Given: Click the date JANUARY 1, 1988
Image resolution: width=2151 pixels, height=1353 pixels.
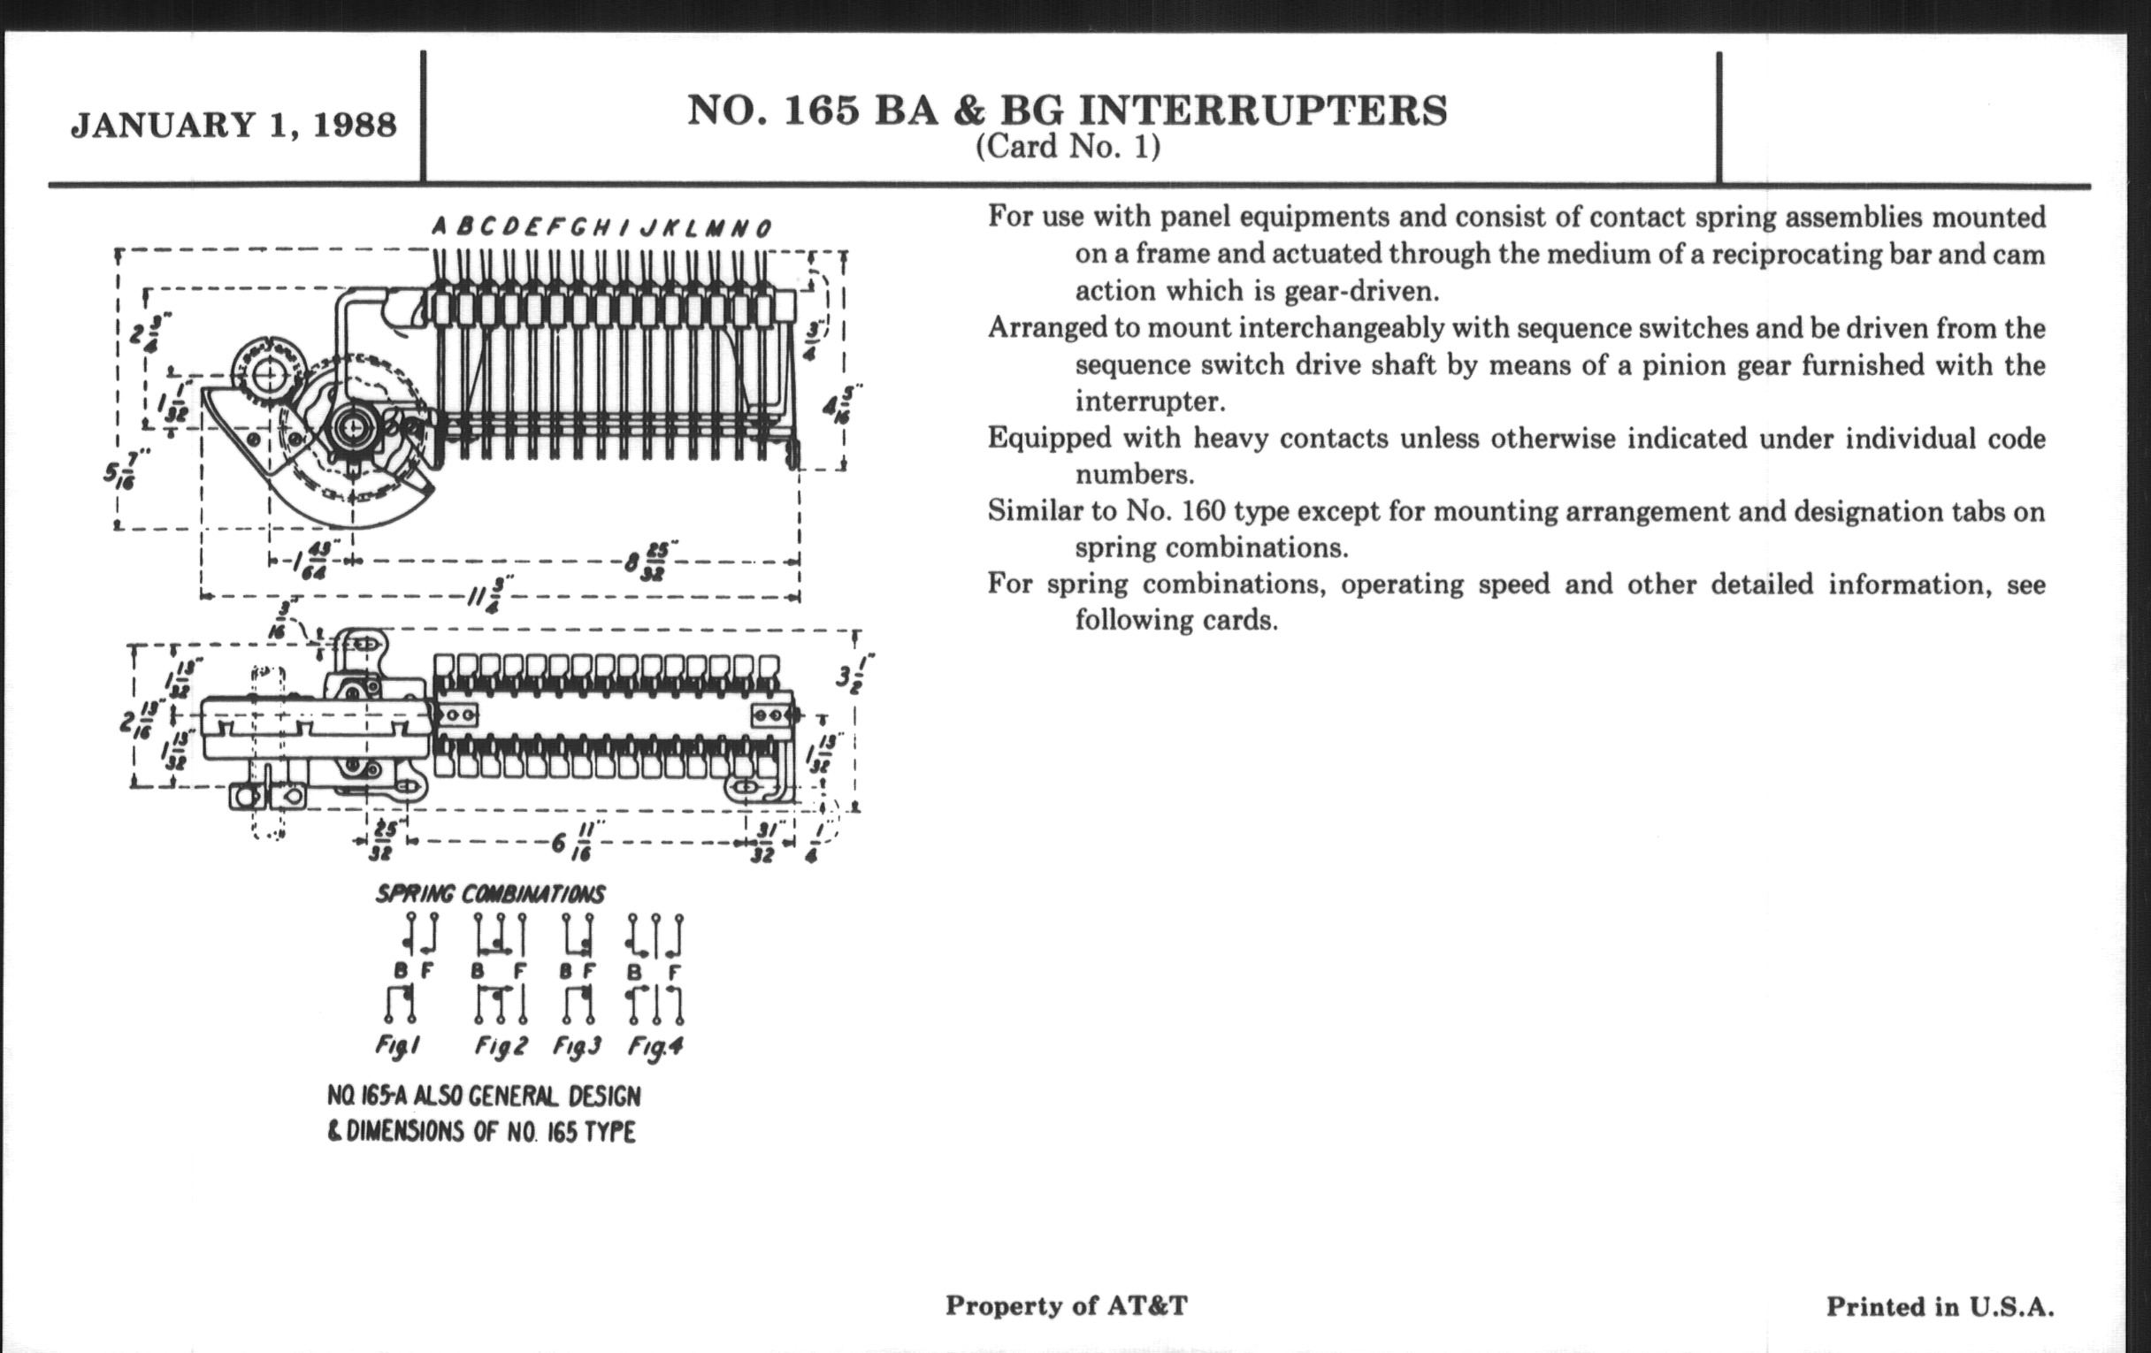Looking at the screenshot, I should pos(233,124).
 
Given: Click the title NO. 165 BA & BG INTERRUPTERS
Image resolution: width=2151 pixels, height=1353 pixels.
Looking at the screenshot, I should pos(1067,110).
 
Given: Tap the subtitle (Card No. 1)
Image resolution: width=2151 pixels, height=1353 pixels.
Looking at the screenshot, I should pos(1068,147).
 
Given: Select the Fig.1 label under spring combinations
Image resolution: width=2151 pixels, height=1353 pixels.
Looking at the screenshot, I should pos(396,1045).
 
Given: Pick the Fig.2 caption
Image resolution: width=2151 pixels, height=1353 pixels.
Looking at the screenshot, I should pos(501,1045).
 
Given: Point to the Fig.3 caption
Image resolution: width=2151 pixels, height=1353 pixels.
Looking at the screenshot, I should pos(577,1045).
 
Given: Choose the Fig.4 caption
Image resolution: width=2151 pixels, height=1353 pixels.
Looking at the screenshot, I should pos(655,1045).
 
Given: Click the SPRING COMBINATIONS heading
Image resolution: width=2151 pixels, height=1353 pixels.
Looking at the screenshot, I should pos(489,894).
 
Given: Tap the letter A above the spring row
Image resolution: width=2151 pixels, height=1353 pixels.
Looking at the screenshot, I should pos(440,227).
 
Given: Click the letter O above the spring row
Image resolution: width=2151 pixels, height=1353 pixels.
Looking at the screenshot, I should pos(763,229).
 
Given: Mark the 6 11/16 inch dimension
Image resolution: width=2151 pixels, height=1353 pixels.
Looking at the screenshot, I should pos(571,841).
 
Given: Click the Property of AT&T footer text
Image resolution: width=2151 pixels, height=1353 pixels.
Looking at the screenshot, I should pos(1067,1305).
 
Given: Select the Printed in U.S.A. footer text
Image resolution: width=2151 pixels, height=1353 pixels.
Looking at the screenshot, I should pos(1940,1306).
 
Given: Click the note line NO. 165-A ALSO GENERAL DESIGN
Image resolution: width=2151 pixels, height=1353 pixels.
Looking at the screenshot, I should pos(483,1096).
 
